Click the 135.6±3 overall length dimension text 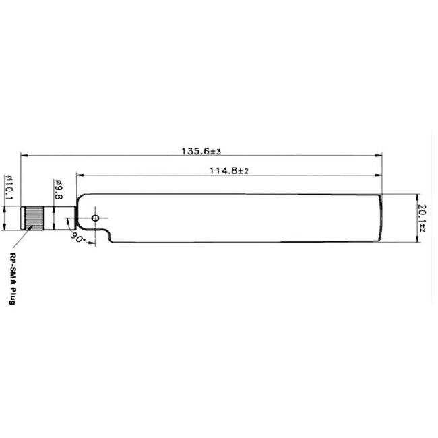click(x=201, y=150)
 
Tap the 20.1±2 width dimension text click(x=423, y=218)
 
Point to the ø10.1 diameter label click(x=9, y=187)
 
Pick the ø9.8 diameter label click(x=59, y=189)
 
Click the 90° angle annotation click(x=76, y=239)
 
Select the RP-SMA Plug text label click(x=12, y=278)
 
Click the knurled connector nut click(x=34, y=218)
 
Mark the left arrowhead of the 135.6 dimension click(x=24, y=156)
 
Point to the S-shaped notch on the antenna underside click(x=104, y=236)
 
